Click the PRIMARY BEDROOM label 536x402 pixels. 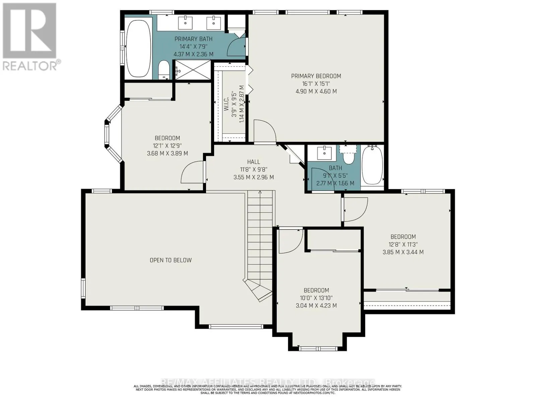(x=316, y=76)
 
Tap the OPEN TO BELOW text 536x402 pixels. (x=171, y=260)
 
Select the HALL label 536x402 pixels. (x=254, y=162)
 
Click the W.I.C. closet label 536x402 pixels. (x=226, y=104)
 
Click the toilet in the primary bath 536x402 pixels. (x=164, y=70)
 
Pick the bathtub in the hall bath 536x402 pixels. (x=372, y=165)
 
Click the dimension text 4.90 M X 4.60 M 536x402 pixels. (x=316, y=91)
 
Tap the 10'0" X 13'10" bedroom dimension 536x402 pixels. (x=316, y=298)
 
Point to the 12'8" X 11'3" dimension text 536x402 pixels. (x=403, y=245)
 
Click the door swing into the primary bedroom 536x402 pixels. (x=264, y=132)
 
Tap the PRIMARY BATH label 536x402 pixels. (x=193, y=39)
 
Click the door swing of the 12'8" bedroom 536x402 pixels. (x=355, y=209)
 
